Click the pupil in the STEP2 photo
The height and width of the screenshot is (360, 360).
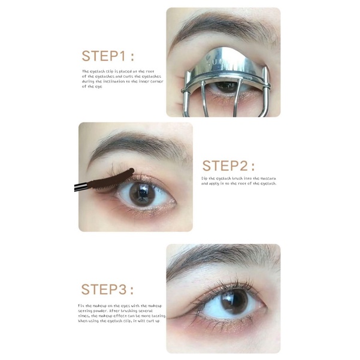pos(141,196)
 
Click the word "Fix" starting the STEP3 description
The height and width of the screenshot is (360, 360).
pos(81,305)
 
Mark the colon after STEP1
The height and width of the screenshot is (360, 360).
pos(132,57)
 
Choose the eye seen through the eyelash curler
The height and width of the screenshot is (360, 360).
pos(226,86)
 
